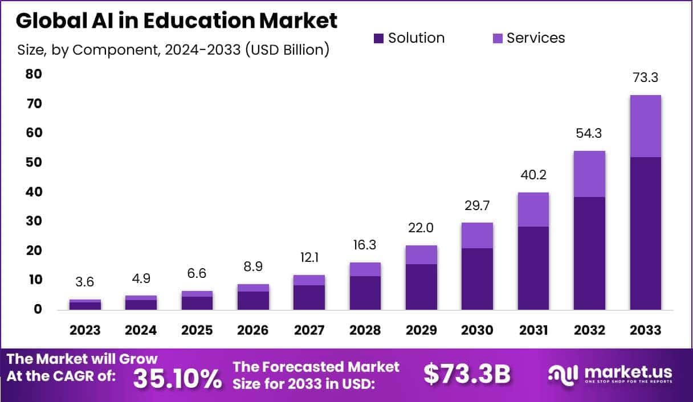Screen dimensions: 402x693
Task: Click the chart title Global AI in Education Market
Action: click(x=177, y=20)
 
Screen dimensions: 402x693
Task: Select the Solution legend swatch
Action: click(x=378, y=39)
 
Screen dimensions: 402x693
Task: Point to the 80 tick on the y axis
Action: click(x=34, y=75)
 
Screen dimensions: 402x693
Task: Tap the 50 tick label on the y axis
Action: click(x=34, y=163)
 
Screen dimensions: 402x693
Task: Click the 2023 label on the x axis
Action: click(x=85, y=330)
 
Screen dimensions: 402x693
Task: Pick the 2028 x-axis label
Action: click(x=365, y=330)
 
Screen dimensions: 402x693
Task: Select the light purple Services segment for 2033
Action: click(x=645, y=126)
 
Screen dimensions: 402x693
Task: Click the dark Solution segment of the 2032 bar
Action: click(x=589, y=253)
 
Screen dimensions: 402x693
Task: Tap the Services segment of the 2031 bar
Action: click(x=533, y=210)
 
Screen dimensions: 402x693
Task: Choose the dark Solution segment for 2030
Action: click(x=477, y=278)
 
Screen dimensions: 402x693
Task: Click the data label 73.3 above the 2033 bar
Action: click(x=645, y=78)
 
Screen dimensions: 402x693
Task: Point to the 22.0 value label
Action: click(x=421, y=228)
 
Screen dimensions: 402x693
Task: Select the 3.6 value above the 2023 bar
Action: click(x=85, y=282)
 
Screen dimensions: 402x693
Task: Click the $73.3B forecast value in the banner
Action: click(x=467, y=374)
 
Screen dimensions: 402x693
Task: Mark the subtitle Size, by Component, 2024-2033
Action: click(x=173, y=50)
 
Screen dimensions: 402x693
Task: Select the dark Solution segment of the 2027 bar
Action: click(x=309, y=297)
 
